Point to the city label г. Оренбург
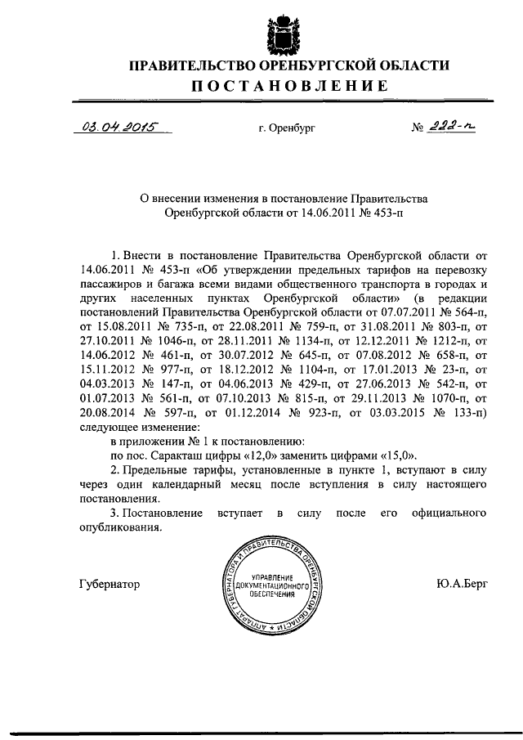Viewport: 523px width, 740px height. pyautogui.click(x=285, y=128)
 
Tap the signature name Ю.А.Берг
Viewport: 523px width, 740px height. pyautogui.click(x=463, y=585)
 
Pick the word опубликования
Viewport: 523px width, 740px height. pyautogui.click(x=120, y=527)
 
